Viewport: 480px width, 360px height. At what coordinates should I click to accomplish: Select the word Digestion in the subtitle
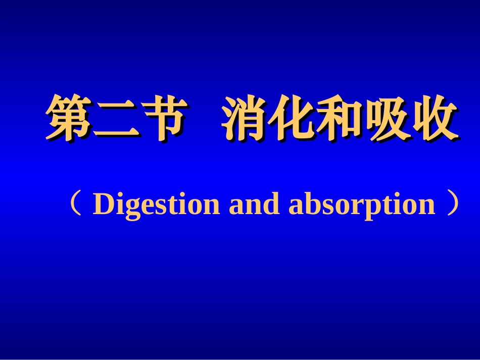[157, 205]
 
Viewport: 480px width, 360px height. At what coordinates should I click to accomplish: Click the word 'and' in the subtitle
[254, 204]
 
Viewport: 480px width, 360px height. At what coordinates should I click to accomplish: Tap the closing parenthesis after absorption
[453, 204]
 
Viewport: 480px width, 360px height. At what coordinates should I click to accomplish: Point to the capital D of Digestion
[103, 204]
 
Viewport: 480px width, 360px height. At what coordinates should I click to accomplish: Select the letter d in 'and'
[272, 204]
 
